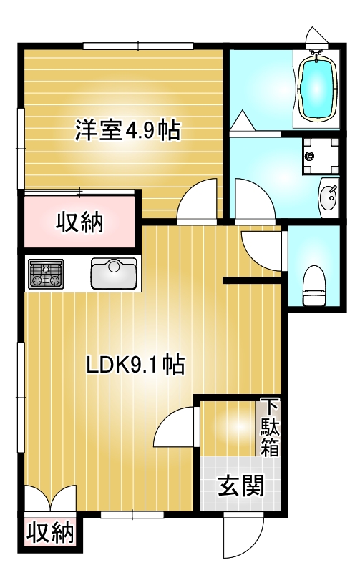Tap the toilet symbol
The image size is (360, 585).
tap(314, 286)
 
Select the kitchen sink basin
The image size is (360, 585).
tap(114, 274)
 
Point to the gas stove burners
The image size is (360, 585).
tap(46, 274)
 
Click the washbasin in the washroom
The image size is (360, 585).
tap(329, 198)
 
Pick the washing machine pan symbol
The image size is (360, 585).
tap(321, 156)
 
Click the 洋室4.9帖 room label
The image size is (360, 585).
tap(127, 130)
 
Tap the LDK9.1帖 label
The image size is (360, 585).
tap(135, 365)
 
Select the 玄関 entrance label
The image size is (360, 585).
tap(241, 486)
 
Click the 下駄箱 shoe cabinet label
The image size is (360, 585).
tap(270, 427)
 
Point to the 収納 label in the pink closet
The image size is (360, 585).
tap(79, 223)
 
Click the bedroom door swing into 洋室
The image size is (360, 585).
tap(197, 201)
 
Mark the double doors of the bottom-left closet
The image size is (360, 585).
tap(50, 498)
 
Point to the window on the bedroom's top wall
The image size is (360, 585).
tap(138, 46)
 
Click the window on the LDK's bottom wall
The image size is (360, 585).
tap(132, 515)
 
